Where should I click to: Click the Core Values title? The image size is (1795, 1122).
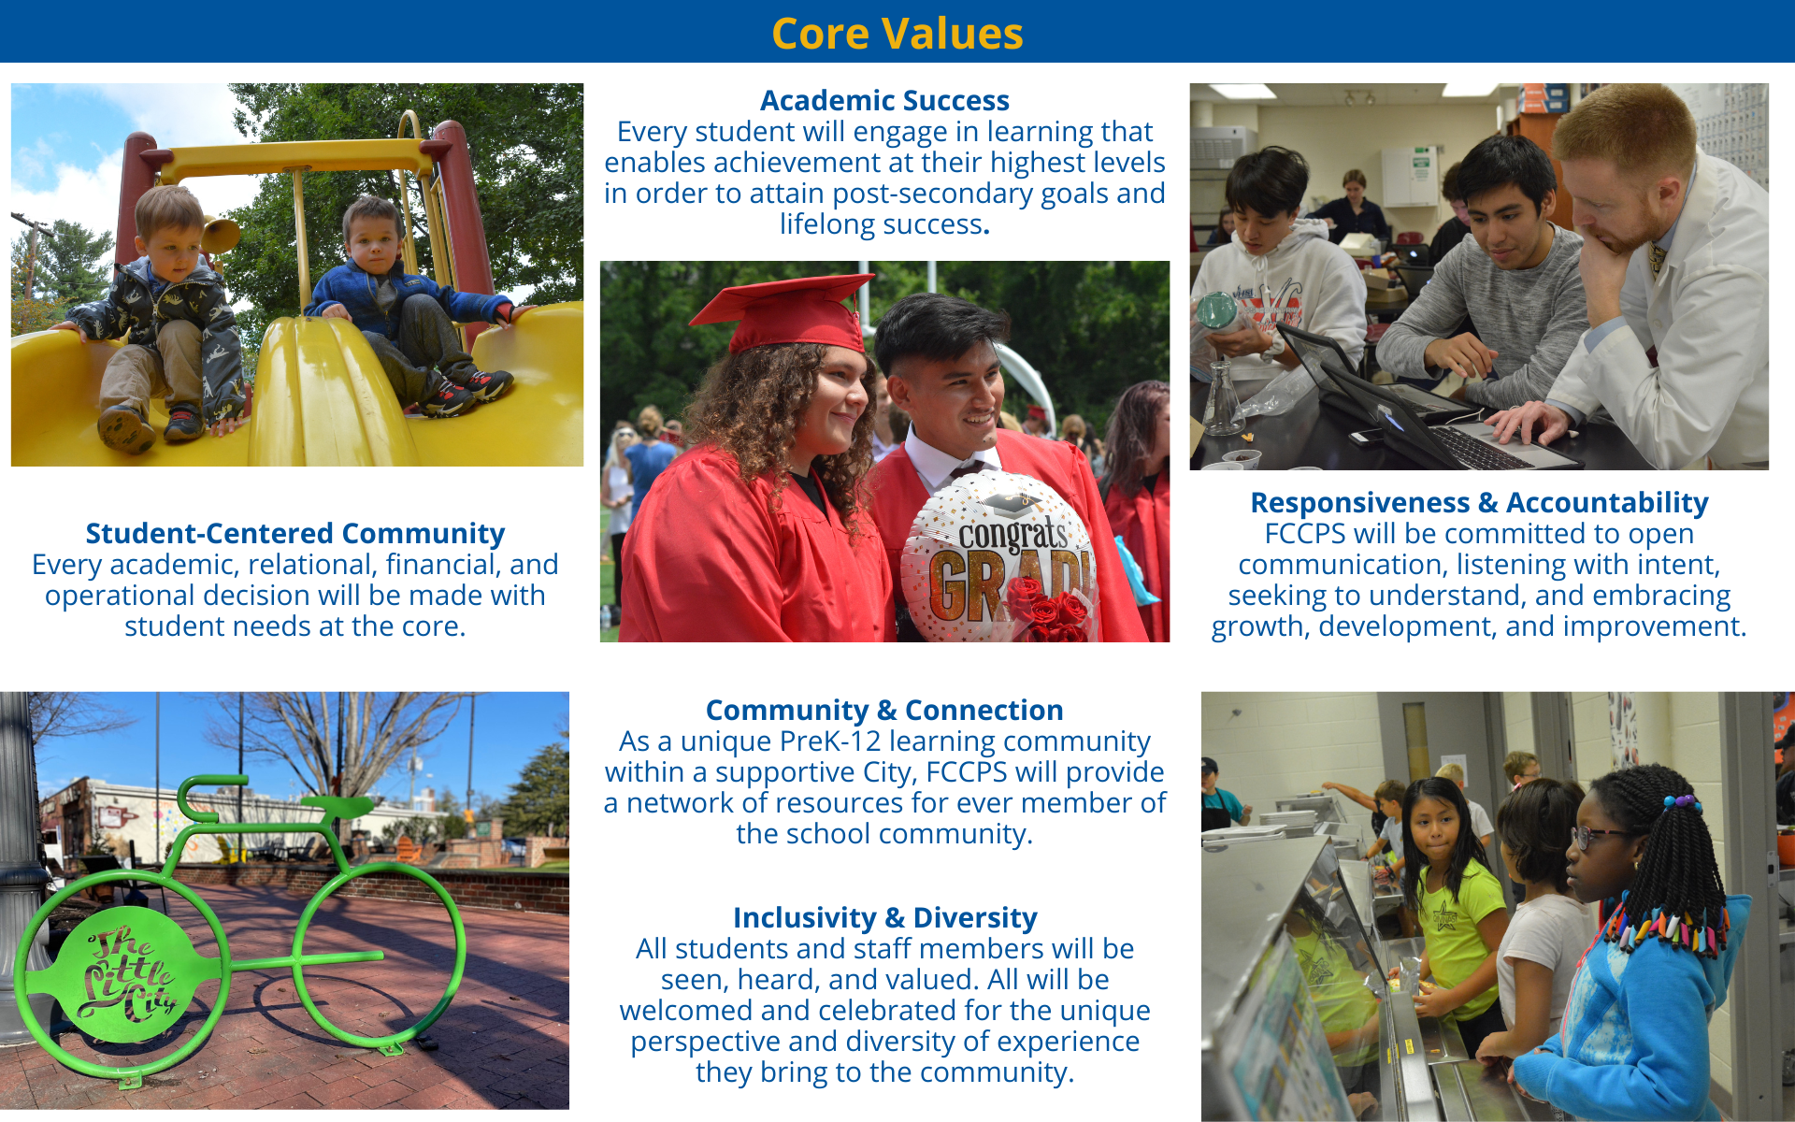tap(897, 34)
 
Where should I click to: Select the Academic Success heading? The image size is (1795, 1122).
tap(884, 100)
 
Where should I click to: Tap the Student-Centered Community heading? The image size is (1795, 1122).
tap(295, 533)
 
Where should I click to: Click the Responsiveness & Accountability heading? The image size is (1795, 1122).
tap(1479, 502)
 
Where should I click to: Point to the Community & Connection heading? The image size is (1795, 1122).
tap(884, 710)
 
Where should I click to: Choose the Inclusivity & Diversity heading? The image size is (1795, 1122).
tap(884, 917)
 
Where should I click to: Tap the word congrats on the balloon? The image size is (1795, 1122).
tap(1012, 535)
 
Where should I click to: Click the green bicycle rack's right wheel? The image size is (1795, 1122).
tap(379, 957)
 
